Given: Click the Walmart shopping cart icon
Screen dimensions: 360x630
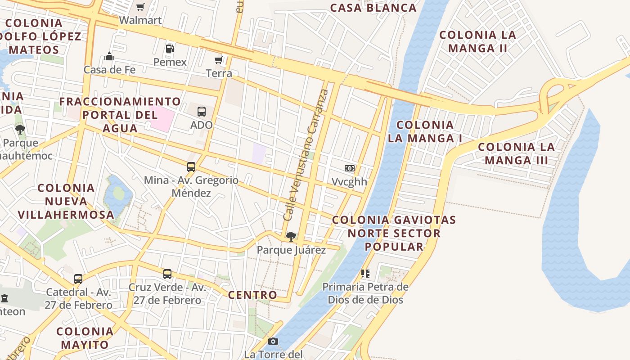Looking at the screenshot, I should click(x=140, y=7).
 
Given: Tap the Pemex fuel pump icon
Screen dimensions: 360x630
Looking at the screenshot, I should click(x=170, y=49).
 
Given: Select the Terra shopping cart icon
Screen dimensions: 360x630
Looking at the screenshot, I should click(x=219, y=60).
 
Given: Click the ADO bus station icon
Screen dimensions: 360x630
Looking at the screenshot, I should click(x=202, y=111).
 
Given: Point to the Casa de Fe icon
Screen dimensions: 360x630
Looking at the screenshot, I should click(x=109, y=57).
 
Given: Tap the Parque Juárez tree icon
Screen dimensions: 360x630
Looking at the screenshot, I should click(x=291, y=236).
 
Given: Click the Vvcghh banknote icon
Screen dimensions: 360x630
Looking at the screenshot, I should click(x=349, y=168).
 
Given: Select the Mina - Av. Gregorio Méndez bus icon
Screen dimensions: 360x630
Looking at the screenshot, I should click(x=191, y=167).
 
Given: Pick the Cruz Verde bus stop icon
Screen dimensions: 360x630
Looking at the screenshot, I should click(x=167, y=274).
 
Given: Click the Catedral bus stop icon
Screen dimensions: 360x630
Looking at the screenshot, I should click(x=78, y=279).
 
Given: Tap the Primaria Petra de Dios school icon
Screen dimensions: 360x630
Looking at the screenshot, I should click(x=365, y=273).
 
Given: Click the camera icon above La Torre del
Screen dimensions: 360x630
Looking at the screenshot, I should click(x=273, y=342).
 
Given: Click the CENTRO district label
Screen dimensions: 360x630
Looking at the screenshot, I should click(x=252, y=295).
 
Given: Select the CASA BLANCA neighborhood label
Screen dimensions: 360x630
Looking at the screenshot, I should click(x=373, y=8).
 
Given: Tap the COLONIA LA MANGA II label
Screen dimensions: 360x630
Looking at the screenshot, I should click(x=477, y=41).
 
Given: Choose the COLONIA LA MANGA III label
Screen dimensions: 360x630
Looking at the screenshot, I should click(x=516, y=153).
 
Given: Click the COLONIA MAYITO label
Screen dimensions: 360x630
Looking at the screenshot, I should click(x=85, y=338).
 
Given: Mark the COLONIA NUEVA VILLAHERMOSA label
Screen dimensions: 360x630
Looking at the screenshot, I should click(x=66, y=201).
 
